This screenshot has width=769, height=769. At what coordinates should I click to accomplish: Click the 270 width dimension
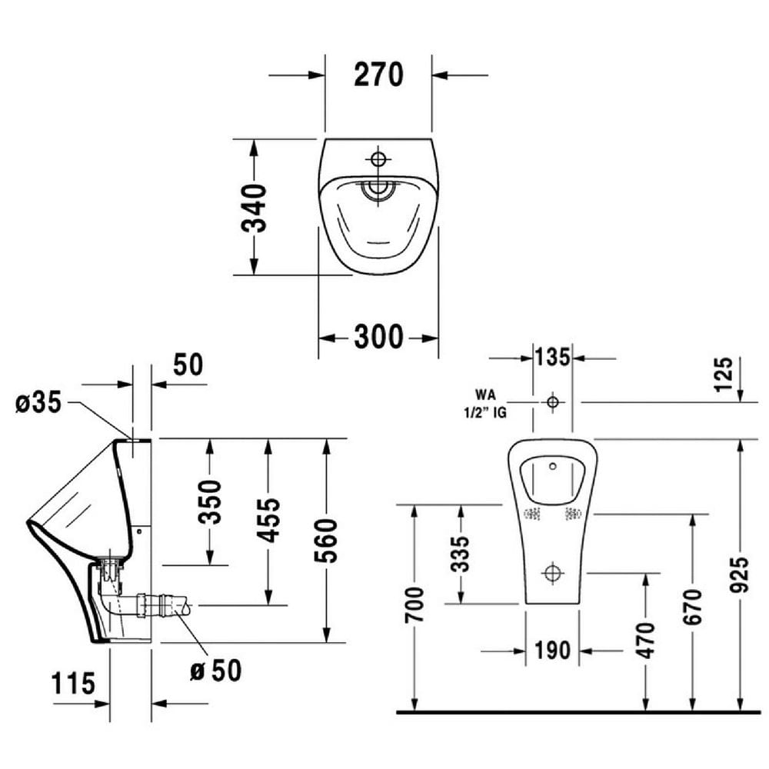pos(378,75)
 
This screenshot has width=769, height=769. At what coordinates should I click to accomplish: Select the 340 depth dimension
pos(254,208)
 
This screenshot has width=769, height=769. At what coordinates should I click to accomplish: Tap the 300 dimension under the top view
pos(378,337)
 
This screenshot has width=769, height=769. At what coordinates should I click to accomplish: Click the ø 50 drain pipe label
pos(215,670)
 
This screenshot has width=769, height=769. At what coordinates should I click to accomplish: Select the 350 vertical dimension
pos(209,501)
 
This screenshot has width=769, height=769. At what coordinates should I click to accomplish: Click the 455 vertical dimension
pos(268,520)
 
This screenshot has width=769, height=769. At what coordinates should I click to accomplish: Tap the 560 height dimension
pos(327,541)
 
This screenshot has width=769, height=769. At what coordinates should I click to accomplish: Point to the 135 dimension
pos(553,358)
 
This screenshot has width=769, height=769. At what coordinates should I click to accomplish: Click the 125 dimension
pos(724,375)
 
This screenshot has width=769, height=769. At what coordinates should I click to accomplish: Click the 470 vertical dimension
pos(645,639)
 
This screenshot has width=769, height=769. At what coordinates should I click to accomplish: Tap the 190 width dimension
pos(553,651)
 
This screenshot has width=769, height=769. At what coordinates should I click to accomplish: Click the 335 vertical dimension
pos(460,554)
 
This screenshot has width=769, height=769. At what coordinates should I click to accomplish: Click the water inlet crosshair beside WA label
pos(552,401)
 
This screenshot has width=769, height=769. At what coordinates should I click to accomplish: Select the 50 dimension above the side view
pos(188,365)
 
